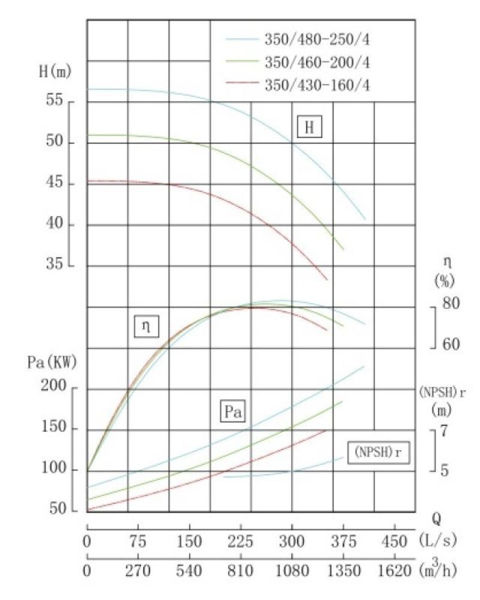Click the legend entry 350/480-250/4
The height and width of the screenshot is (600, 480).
[x=317, y=40]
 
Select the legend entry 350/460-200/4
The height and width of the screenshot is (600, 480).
[x=317, y=62]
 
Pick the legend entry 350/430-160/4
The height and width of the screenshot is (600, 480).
[x=317, y=85]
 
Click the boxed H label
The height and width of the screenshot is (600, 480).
[x=310, y=127]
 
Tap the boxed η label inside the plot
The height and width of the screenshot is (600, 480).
[x=145, y=326]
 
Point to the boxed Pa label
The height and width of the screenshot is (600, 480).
[x=233, y=412]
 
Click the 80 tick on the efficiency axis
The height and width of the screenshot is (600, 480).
[x=451, y=304]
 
